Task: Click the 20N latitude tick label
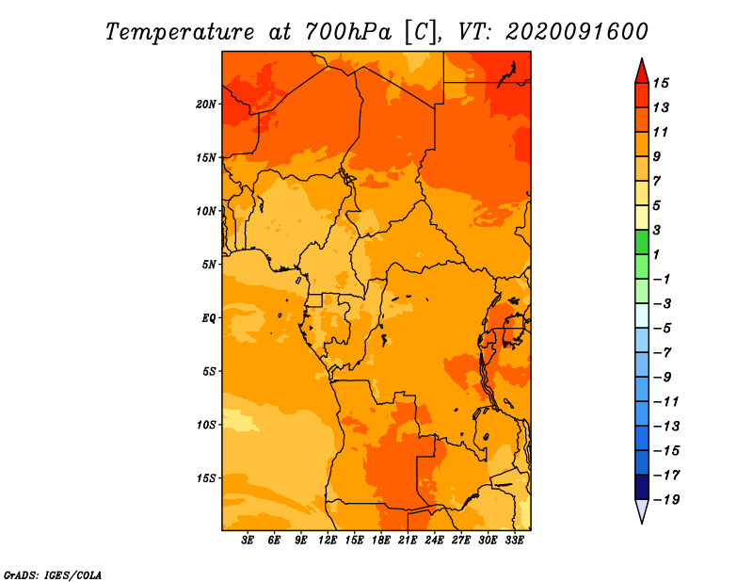tap(206, 105)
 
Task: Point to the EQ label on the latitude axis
tap(208, 318)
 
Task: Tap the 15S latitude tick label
tap(206, 478)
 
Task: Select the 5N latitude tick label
tap(209, 265)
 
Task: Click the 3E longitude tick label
tap(248, 541)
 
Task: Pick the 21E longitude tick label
tap(408, 541)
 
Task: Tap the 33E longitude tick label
tap(514, 541)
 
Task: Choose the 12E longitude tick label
tap(328, 541)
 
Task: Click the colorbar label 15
tap(661, 83)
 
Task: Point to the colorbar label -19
tap(666, 500)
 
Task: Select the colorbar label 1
tap(657, 254)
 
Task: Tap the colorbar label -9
tap(663, 378)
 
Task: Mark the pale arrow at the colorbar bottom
tap(642, 509)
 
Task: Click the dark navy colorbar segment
tap(642, 487)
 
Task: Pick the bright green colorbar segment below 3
tap(642, 242)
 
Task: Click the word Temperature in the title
tap(180, 32)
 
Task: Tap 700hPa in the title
tap(348, 32)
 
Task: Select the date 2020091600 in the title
tap(577, 32)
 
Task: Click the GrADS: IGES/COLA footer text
tap(53, 575)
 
